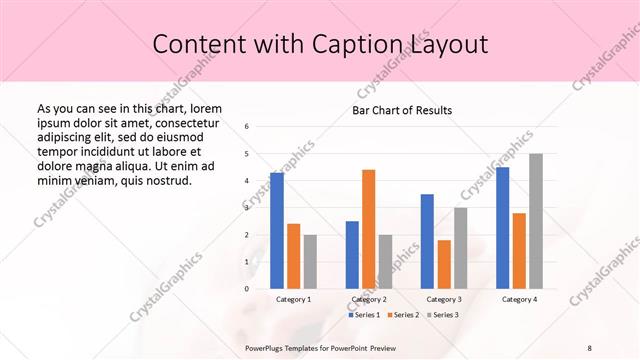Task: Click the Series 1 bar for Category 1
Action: coord(277,230)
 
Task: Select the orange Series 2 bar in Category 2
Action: coord(368,229)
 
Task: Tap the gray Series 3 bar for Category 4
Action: coord(536,221)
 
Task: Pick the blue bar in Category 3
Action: coord(427,241)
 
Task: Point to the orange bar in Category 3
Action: coord(444,264)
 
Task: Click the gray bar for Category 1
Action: coord(310,261)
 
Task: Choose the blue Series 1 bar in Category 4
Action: coord(502,227)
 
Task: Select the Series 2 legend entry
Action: coord(402,315)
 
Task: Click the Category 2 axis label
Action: coord(369,299)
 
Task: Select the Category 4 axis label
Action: coord(518,299)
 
